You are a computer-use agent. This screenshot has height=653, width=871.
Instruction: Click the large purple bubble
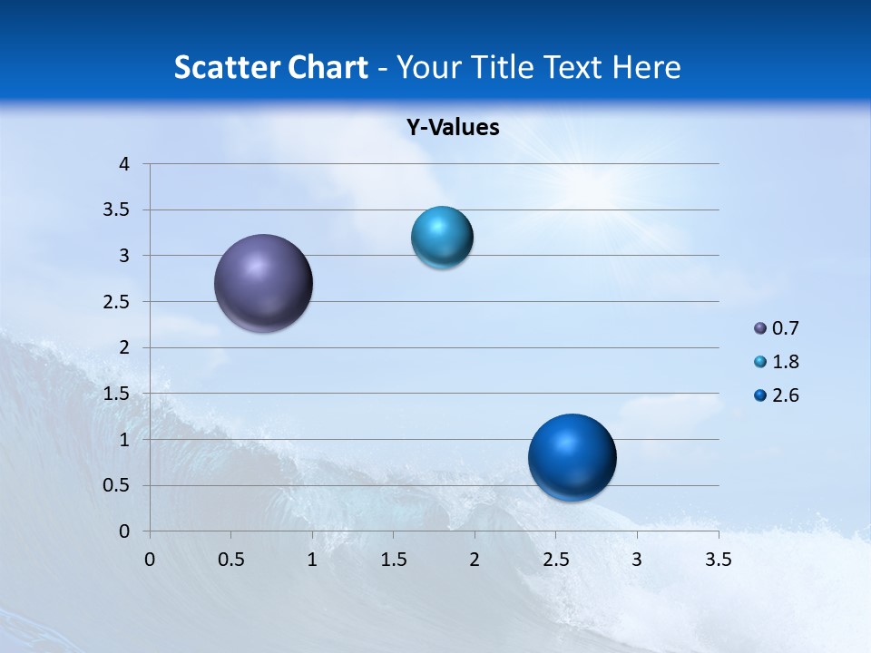coord(264,283)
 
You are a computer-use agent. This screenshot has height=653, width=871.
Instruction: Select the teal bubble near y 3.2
coord(442,238)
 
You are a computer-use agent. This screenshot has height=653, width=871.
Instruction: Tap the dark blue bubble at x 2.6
coord(572,457)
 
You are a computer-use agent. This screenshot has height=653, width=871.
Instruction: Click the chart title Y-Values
coord(453,128)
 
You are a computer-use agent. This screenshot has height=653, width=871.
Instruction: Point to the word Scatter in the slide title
coord(223,67)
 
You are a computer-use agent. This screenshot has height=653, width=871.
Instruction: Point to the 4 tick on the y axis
coord(125,164)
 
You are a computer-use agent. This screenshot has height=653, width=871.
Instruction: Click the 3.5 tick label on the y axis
coord(117,210)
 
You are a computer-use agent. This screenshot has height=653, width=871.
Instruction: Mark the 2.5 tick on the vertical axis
coord(117,302)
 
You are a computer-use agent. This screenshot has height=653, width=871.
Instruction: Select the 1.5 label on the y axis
coord(117,394)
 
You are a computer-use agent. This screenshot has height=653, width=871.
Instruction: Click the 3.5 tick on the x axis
coord(718,560)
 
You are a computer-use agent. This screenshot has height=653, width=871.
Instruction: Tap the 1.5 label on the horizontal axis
coord(393,560)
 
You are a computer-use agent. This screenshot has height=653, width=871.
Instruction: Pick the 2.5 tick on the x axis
coord(555,560)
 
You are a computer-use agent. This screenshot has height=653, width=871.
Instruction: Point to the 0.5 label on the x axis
coord(230,560)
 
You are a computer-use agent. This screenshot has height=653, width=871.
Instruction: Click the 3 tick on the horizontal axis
coord(637,560)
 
